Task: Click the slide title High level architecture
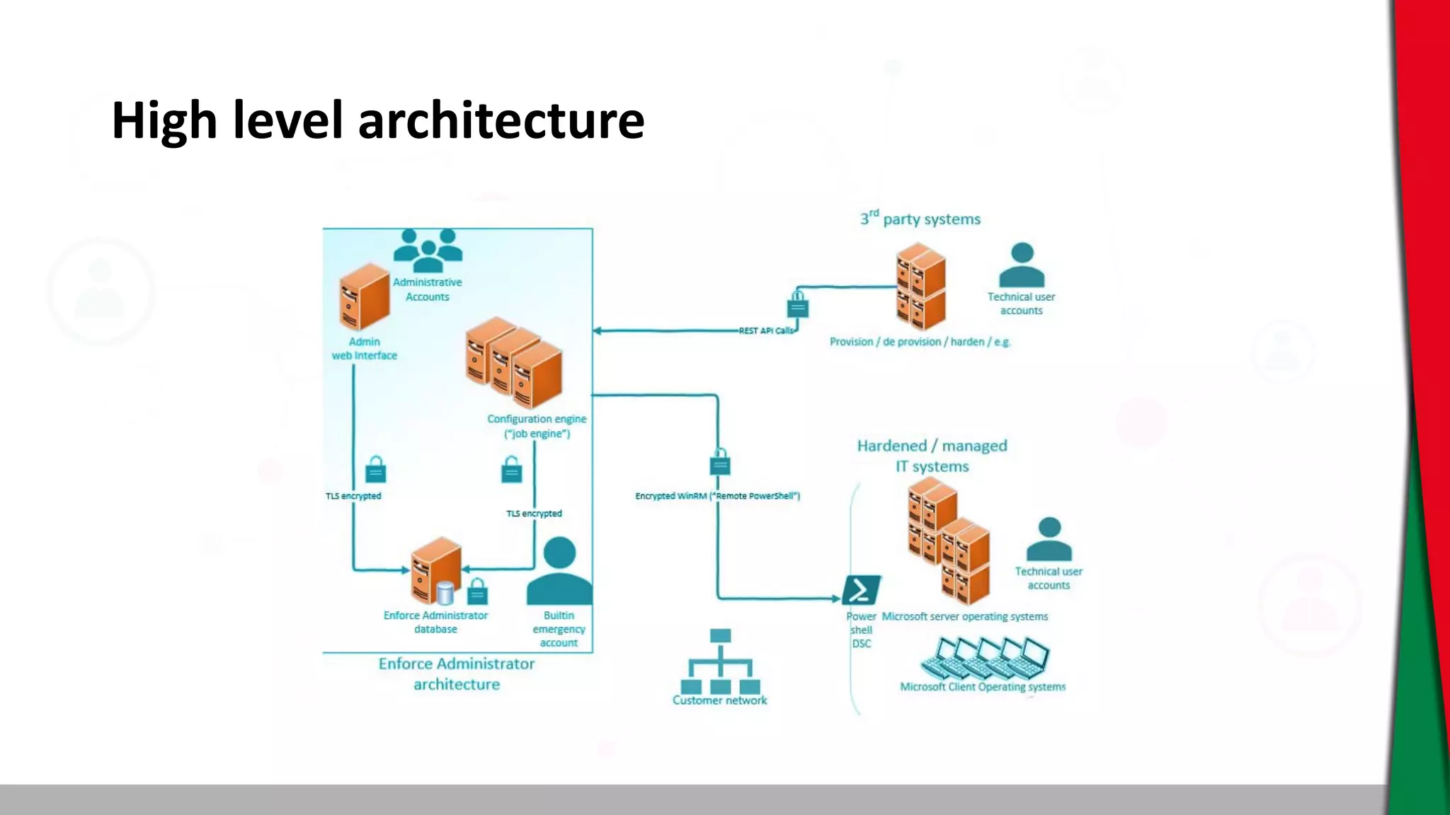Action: point(377,120)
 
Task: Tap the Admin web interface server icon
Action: point(365,297)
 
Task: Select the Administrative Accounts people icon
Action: point(428,251)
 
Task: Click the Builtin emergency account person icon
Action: point(559,572)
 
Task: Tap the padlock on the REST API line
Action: point(798,305)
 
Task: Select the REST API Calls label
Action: point(766,330)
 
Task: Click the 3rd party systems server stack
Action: point(920,287)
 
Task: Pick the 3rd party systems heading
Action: point(920,219)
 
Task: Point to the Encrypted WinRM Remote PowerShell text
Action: point(717,496)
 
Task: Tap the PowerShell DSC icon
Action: point(861,590)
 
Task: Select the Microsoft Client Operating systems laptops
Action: point(985,657)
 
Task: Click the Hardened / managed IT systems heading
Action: point(932,456)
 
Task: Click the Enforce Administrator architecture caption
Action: point(457,674)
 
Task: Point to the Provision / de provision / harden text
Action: point(920,342)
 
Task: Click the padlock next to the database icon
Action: point(478,591)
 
